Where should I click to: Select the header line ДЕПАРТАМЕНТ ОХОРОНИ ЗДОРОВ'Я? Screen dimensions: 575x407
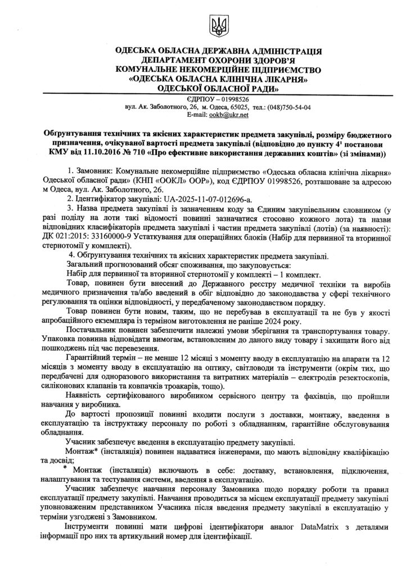click(218, 61)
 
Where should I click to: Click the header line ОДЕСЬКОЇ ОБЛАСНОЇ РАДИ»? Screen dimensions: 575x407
click(218, 88)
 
